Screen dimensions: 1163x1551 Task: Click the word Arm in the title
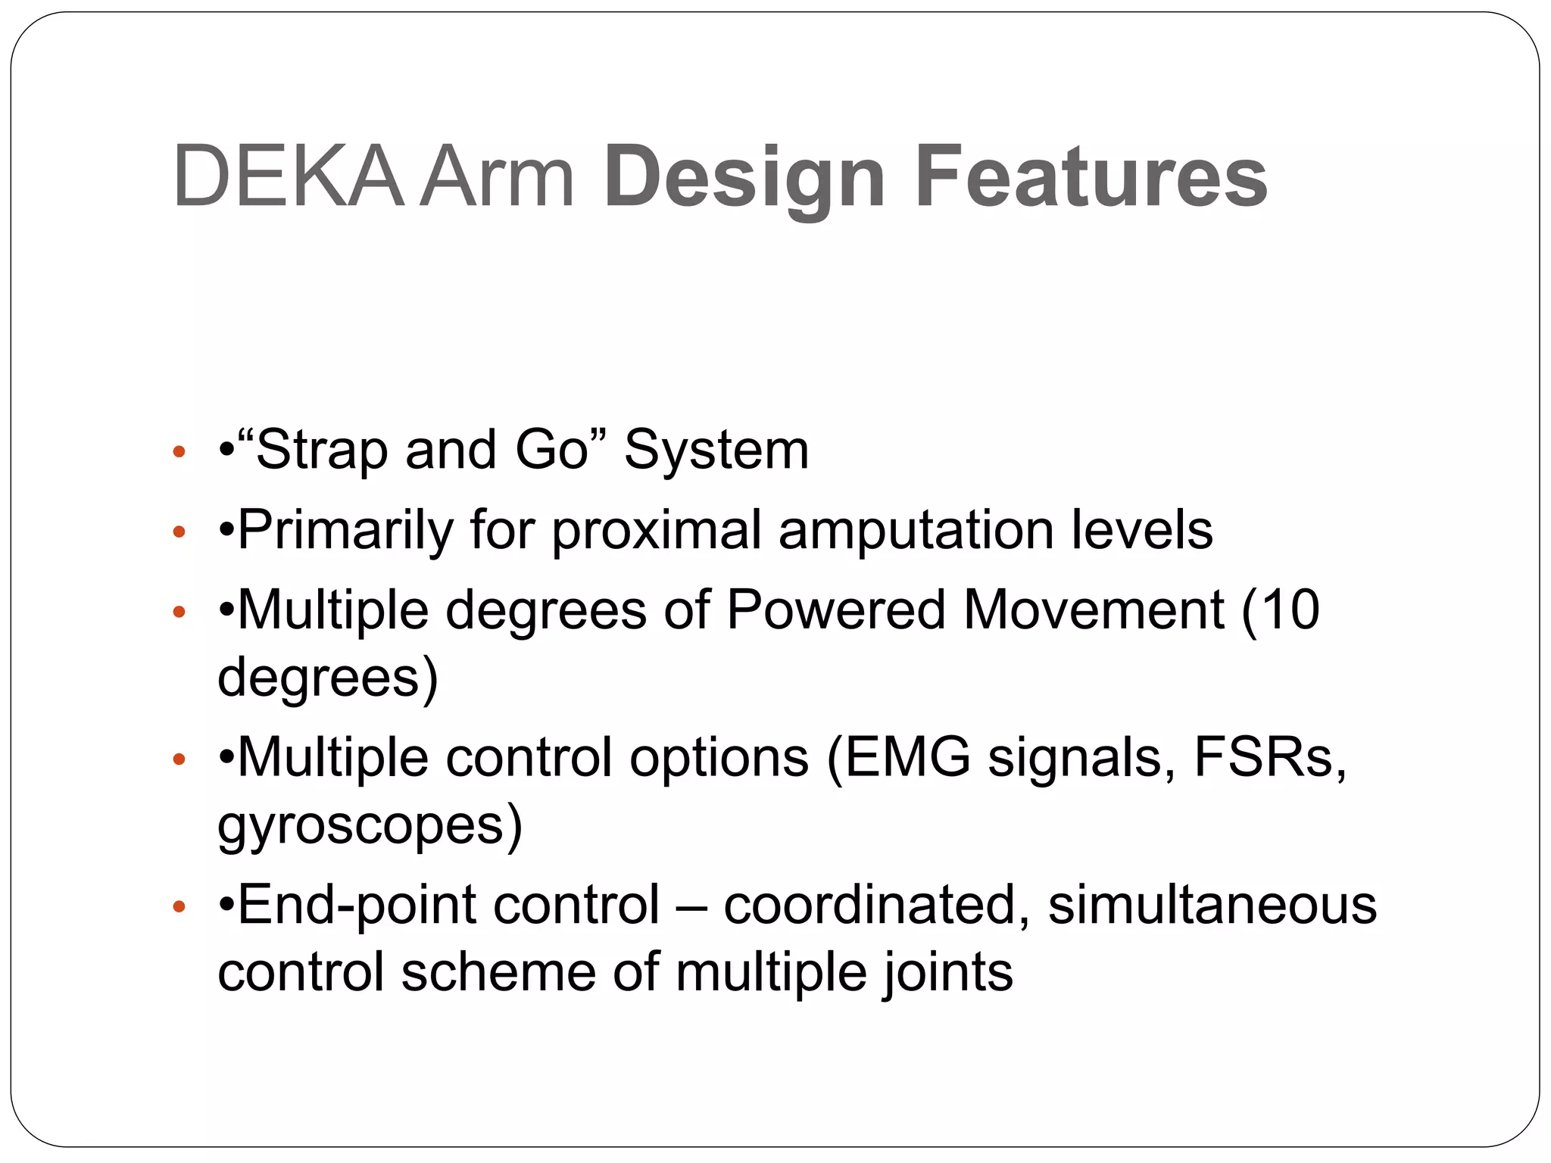[x=497, y=178]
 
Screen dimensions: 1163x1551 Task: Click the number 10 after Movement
[x=1290, y=610]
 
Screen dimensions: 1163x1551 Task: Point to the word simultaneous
[x=1212, y=906]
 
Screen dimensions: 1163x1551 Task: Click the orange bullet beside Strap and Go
[x=179, y=453]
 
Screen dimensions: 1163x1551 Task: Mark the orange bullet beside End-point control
[x=179, y=906]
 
